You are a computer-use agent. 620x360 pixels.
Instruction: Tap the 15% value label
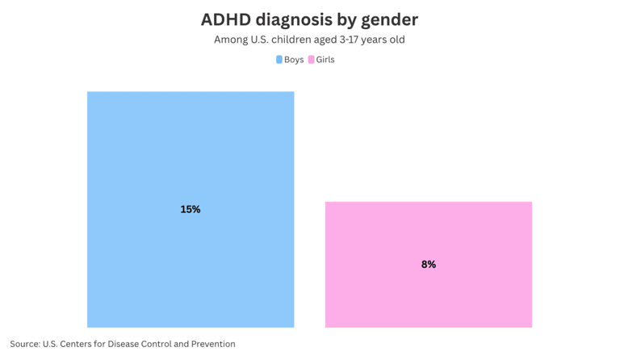[191, 209]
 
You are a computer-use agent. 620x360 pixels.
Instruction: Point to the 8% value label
[428, 264]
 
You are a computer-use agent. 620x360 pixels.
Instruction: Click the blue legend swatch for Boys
[279, 60]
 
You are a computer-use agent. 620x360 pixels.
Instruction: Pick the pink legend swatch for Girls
[312, 60]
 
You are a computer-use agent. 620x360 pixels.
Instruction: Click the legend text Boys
[294, 60]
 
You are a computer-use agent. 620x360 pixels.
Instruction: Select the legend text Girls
[325, 60]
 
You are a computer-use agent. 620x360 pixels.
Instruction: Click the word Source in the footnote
[24, 344]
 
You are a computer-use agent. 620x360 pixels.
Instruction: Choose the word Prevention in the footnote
[212, 344]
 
